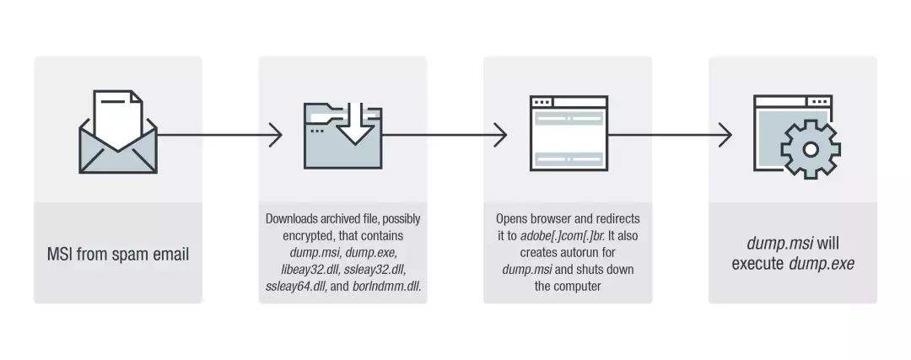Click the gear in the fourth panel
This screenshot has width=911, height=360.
coord(811,148)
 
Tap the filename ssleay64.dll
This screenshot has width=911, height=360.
coord(293,287)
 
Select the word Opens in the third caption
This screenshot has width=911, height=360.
coord(513,219)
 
